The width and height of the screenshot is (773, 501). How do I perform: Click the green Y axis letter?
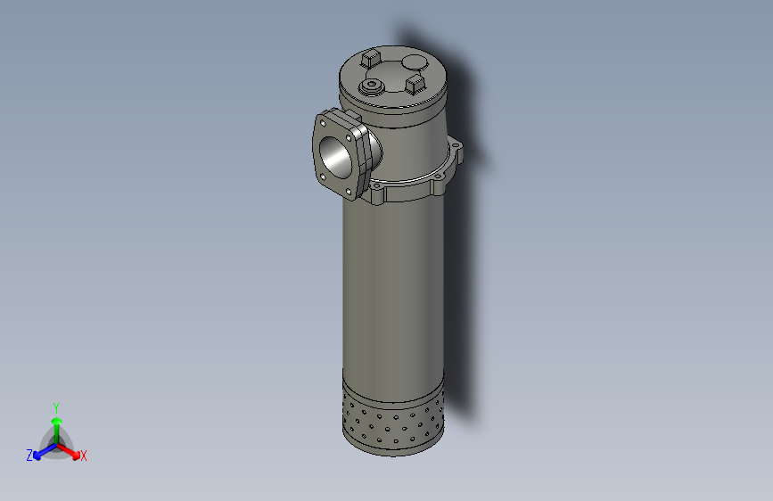[x=55, y=407]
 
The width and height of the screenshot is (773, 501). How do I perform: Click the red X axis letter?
[x=84, y=456]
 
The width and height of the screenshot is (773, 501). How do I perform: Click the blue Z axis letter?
[x=29, y=456]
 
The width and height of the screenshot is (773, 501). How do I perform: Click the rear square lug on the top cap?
[x=371, y=60]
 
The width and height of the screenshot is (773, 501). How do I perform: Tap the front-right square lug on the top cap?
[x=414, y=84]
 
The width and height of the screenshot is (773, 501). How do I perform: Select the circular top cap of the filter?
[x=392, y=76]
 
